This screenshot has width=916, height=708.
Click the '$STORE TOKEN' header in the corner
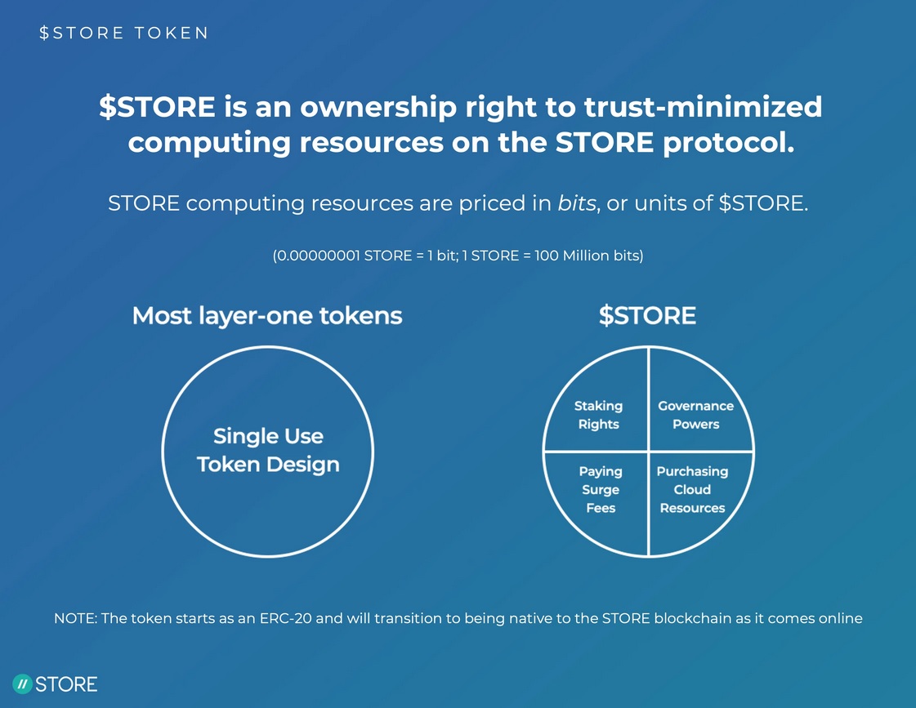pyautogui.click(x=123, y=33)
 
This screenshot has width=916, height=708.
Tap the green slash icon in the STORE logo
pyautogui.click(x=22, y=684)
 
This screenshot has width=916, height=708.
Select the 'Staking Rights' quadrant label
pyautogui.click(x=598, y=415)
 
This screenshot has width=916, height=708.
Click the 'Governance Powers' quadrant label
pyautogui.click(x=695, y=415)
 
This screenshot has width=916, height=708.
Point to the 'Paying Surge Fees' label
pyautogui.click(x=601, y=490)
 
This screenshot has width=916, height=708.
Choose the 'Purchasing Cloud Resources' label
pyautogui.click(x=692, y=490)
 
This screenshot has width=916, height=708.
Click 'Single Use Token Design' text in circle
pyautogui.click(x=268, y=450)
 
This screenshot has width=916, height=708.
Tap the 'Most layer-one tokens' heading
pyautogui.click(x=267, y=316)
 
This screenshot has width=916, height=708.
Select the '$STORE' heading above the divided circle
pyautogui.click(x=647, y=316)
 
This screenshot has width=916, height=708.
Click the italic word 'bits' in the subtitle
pyautogui.click(x=577, y=203)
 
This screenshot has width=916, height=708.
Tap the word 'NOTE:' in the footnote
pyautogui.click(x=75, y=618)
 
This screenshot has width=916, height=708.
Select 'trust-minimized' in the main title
pyautogui.click(x=704, y=107)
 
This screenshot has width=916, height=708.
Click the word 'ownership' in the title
pyautogui.click(x=378, y=108)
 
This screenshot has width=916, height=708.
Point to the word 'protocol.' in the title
pyautogui.click(x=729, y=143)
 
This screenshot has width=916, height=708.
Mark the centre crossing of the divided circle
pyautogui.click(x=649, y=452)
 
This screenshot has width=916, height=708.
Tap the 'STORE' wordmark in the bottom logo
pyautogui.click(x=66, y=684)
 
